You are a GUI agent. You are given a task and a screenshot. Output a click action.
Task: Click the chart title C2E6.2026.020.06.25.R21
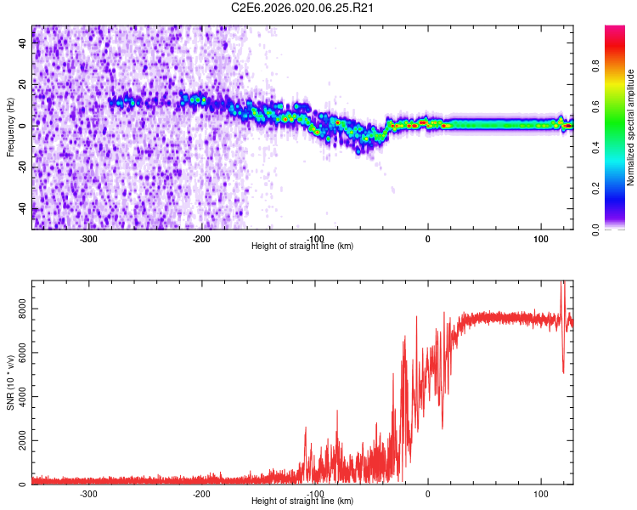[x=303, y=8]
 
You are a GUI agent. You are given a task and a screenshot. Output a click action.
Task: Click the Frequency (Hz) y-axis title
[x=10, y=127]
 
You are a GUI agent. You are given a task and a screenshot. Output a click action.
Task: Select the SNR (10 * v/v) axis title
[x=10, y=382]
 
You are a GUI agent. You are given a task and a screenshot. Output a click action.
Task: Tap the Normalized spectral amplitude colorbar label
[x=631, y=127]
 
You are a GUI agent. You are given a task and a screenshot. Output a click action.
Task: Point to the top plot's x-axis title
[x=302, y=246]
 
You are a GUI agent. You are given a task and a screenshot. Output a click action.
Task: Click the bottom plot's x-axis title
[x=302, y=501]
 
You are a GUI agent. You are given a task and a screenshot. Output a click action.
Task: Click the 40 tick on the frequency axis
[x=23, y=43]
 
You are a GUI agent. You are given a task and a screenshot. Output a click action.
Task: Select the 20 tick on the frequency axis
[x=23, y=85]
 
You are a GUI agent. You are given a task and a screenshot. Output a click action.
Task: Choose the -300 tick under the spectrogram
[x=88, y=238]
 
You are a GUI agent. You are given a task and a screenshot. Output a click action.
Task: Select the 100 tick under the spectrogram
[x=541, y=238]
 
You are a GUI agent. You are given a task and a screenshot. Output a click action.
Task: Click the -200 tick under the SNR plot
[x=201, y=493]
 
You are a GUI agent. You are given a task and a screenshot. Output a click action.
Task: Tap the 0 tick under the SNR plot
[x=428, y=493]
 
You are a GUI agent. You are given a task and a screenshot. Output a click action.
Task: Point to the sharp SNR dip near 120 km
[x=563, y=371]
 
